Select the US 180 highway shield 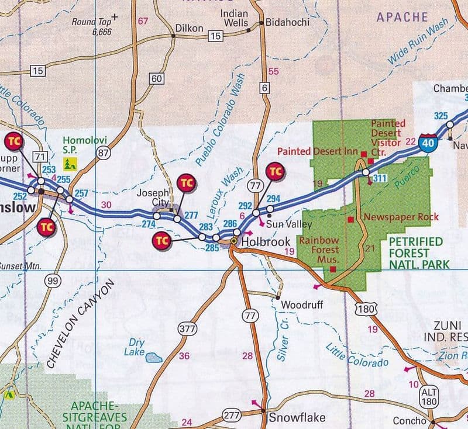point(366,307)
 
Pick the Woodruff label point(301,305)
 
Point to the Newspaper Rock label point(401,217)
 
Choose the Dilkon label point(190,27)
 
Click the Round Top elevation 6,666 point(102,32)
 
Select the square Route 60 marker point(156,79)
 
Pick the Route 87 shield point(104,153)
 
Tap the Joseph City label point(153,198)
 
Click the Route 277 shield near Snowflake point(231,416)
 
